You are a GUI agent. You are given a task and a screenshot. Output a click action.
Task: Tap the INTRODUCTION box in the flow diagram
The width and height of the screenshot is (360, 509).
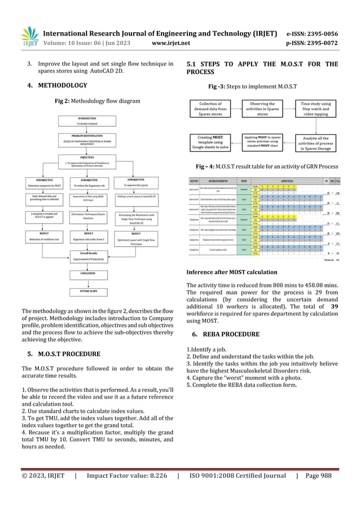[x=91, y=121]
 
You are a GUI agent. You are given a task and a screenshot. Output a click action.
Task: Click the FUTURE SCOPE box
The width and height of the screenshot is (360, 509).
[x=91, y=292]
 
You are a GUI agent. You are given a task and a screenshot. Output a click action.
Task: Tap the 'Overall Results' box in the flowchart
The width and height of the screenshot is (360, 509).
[x=91, y=256]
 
